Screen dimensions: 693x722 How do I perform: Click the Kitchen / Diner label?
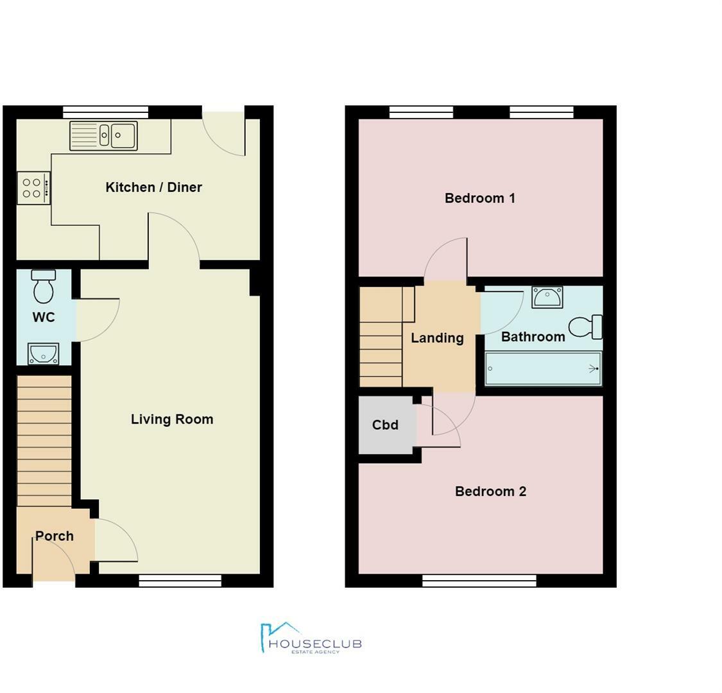point(153,187)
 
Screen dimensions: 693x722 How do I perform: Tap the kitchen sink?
point(103,136)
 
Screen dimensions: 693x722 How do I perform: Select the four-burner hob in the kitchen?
point(33,188)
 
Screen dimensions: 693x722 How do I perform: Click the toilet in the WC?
point(44,286)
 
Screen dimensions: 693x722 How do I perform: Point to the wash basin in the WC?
point(43,354)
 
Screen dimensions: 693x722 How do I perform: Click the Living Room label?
point(171,420)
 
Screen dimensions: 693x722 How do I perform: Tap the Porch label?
point(55,536)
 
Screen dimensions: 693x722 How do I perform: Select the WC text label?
point(44,317)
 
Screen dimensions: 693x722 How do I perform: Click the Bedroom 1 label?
point(479,198)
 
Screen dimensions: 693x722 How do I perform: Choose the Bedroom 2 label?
point(490,492)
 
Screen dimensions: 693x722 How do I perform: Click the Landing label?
point(437,338)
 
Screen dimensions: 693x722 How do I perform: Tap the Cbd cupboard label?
point(385,425)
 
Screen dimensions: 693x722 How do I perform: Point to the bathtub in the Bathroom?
point(543,369)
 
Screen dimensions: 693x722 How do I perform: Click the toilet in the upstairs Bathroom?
point(585,327)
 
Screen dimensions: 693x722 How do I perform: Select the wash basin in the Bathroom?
point(547,297)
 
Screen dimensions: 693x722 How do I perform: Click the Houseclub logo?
point(311,638)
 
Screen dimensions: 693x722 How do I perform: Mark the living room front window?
point(180,581)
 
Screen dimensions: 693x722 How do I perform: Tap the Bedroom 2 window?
point(479,581)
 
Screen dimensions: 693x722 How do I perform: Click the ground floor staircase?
point(44,441)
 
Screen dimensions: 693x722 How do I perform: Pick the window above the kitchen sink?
point(106,112)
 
